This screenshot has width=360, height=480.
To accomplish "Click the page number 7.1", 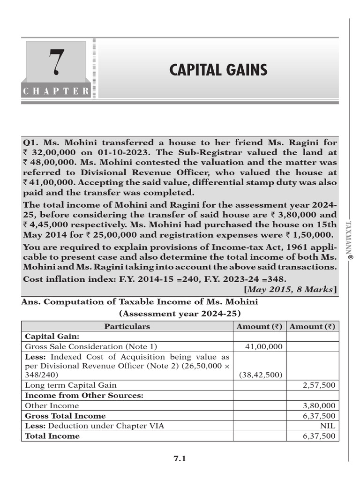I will [180, 459].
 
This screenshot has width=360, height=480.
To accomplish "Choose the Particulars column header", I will [127, 326].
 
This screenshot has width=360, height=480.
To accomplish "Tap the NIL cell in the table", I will [328, 426].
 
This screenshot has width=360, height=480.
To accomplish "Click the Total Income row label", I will [52, 435].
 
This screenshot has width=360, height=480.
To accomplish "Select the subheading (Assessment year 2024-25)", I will [180, 313].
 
